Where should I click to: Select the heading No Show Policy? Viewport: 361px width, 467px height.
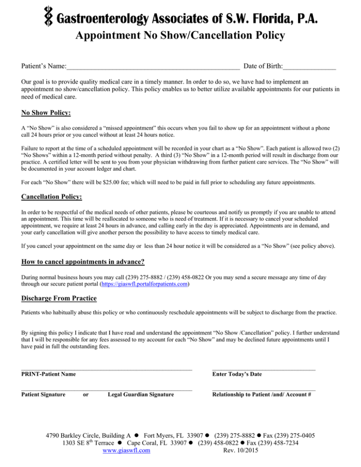46,113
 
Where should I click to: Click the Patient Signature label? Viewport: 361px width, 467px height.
44,395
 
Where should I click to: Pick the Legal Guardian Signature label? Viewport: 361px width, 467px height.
141,395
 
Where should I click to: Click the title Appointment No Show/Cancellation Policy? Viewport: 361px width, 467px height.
180,35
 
